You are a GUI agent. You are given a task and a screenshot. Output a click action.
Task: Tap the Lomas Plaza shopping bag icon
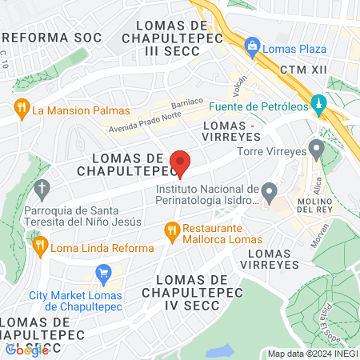coord(253,46)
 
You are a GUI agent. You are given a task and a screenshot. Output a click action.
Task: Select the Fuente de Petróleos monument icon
coord(318,103)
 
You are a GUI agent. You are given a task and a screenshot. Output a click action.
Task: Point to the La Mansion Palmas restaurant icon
coord(22,109)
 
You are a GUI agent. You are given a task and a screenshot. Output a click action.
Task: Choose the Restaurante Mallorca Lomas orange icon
coord(170,232)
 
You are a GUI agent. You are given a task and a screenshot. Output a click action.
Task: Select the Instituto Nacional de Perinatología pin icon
coord(270,192)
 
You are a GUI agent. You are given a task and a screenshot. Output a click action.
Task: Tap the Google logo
coord(26,349)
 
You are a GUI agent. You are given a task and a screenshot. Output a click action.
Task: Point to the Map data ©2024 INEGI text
coord(311,354)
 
